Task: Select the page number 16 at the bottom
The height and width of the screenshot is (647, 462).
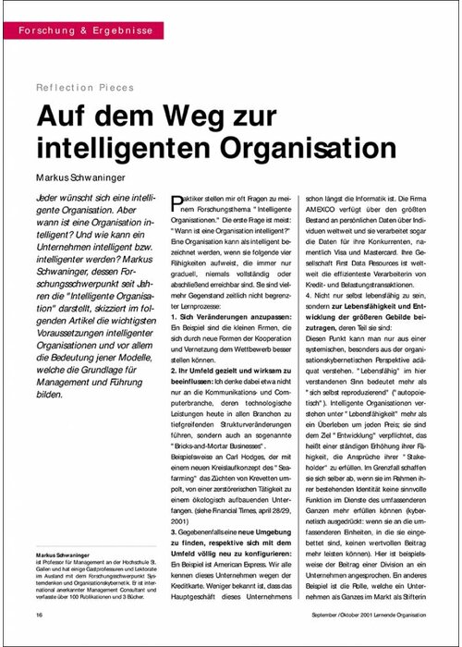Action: point(39,614)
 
